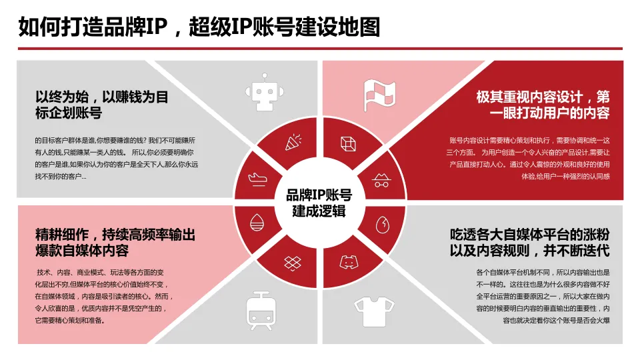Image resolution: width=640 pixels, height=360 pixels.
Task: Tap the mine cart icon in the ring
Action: coord(382,178)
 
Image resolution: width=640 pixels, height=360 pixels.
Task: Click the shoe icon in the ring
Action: coord(257,178)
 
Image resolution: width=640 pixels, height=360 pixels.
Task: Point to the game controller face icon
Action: coord(348,261)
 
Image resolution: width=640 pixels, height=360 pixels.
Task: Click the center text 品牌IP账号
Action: coord(319,195)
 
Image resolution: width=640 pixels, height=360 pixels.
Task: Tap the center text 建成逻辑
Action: coord(319,211)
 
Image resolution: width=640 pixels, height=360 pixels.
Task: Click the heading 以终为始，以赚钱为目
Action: coord(102,97)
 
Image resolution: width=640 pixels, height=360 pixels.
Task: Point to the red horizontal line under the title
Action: coord(320,49)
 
